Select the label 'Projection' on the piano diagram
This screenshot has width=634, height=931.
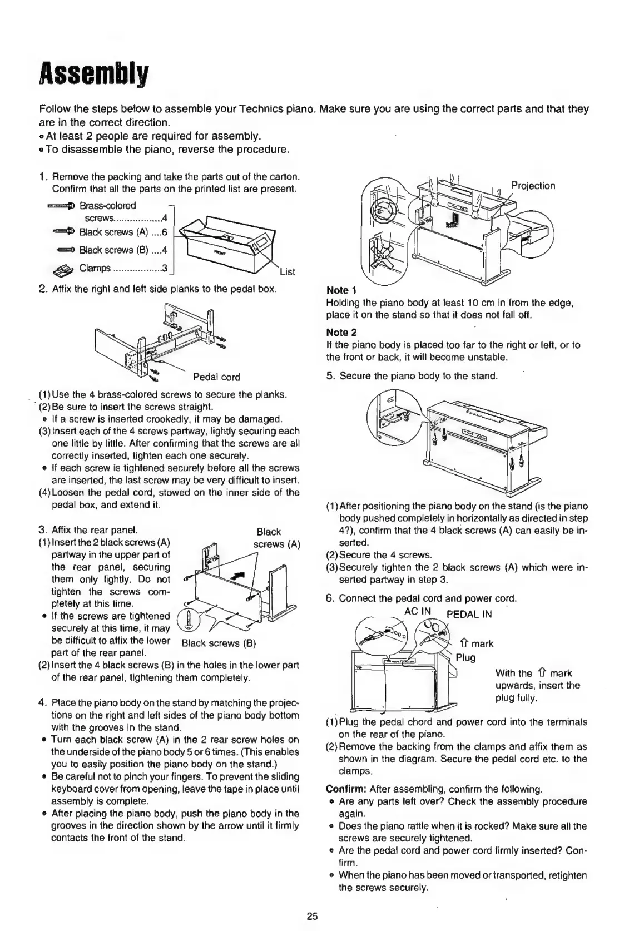pyautogui.click(x=533, y=186)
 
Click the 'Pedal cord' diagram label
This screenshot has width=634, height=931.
pyautogui.click(x=216, y=377)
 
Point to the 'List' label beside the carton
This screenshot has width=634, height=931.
pyautogui.click(x=287, y=272)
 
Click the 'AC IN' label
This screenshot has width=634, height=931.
pyautogui.click(x=418, y=611)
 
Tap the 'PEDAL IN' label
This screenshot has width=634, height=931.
pyautogui.click(x=469, y=615)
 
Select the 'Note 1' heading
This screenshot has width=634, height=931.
pyautogui.click(x=341, y=290)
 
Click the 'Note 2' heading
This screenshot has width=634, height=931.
pyautogui.click(x=341, y=333)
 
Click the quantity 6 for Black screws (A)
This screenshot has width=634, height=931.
pyautogui.click(x=164, y=232)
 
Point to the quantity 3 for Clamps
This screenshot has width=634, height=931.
pyautogui.click(x=164, y=268)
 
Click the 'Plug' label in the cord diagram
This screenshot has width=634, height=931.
pyautogui.click(x=465, y=658)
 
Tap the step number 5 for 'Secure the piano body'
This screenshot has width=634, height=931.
pyautogui.click(x=329, y=376)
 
